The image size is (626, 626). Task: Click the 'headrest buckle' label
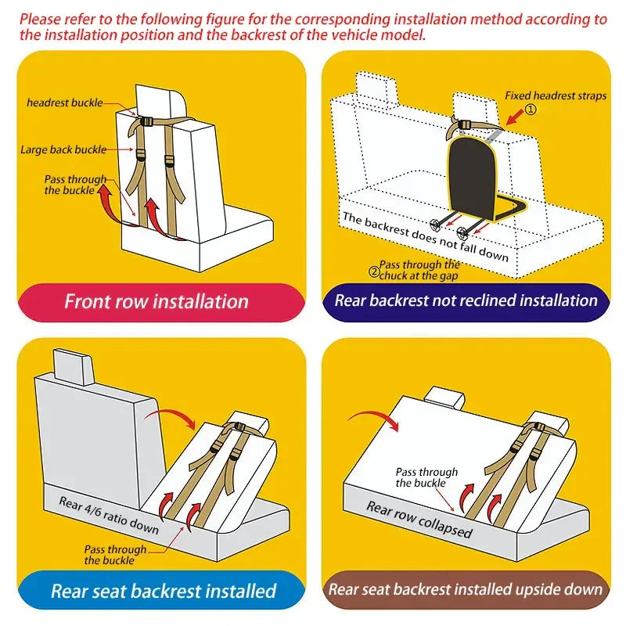click(64, 103)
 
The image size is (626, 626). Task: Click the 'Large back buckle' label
click(63, 149)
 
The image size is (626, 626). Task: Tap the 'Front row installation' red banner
click(156, 301)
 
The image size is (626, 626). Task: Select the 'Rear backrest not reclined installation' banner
click(466, 300)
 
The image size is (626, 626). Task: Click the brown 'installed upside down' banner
click(466, 590)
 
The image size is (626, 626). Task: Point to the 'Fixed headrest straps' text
click(555, 95)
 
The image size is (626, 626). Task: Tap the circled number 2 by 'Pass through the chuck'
click(373, 272)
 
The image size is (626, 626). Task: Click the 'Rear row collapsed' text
click(419, 520)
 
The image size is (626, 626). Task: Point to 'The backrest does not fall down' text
click(424, 236)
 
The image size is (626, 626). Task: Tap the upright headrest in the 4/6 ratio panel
click(72, 365)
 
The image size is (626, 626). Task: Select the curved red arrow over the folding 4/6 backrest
click(174, 415)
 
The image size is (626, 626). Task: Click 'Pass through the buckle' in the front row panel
click(74, 185)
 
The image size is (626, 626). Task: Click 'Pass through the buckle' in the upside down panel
click(426, 477)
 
